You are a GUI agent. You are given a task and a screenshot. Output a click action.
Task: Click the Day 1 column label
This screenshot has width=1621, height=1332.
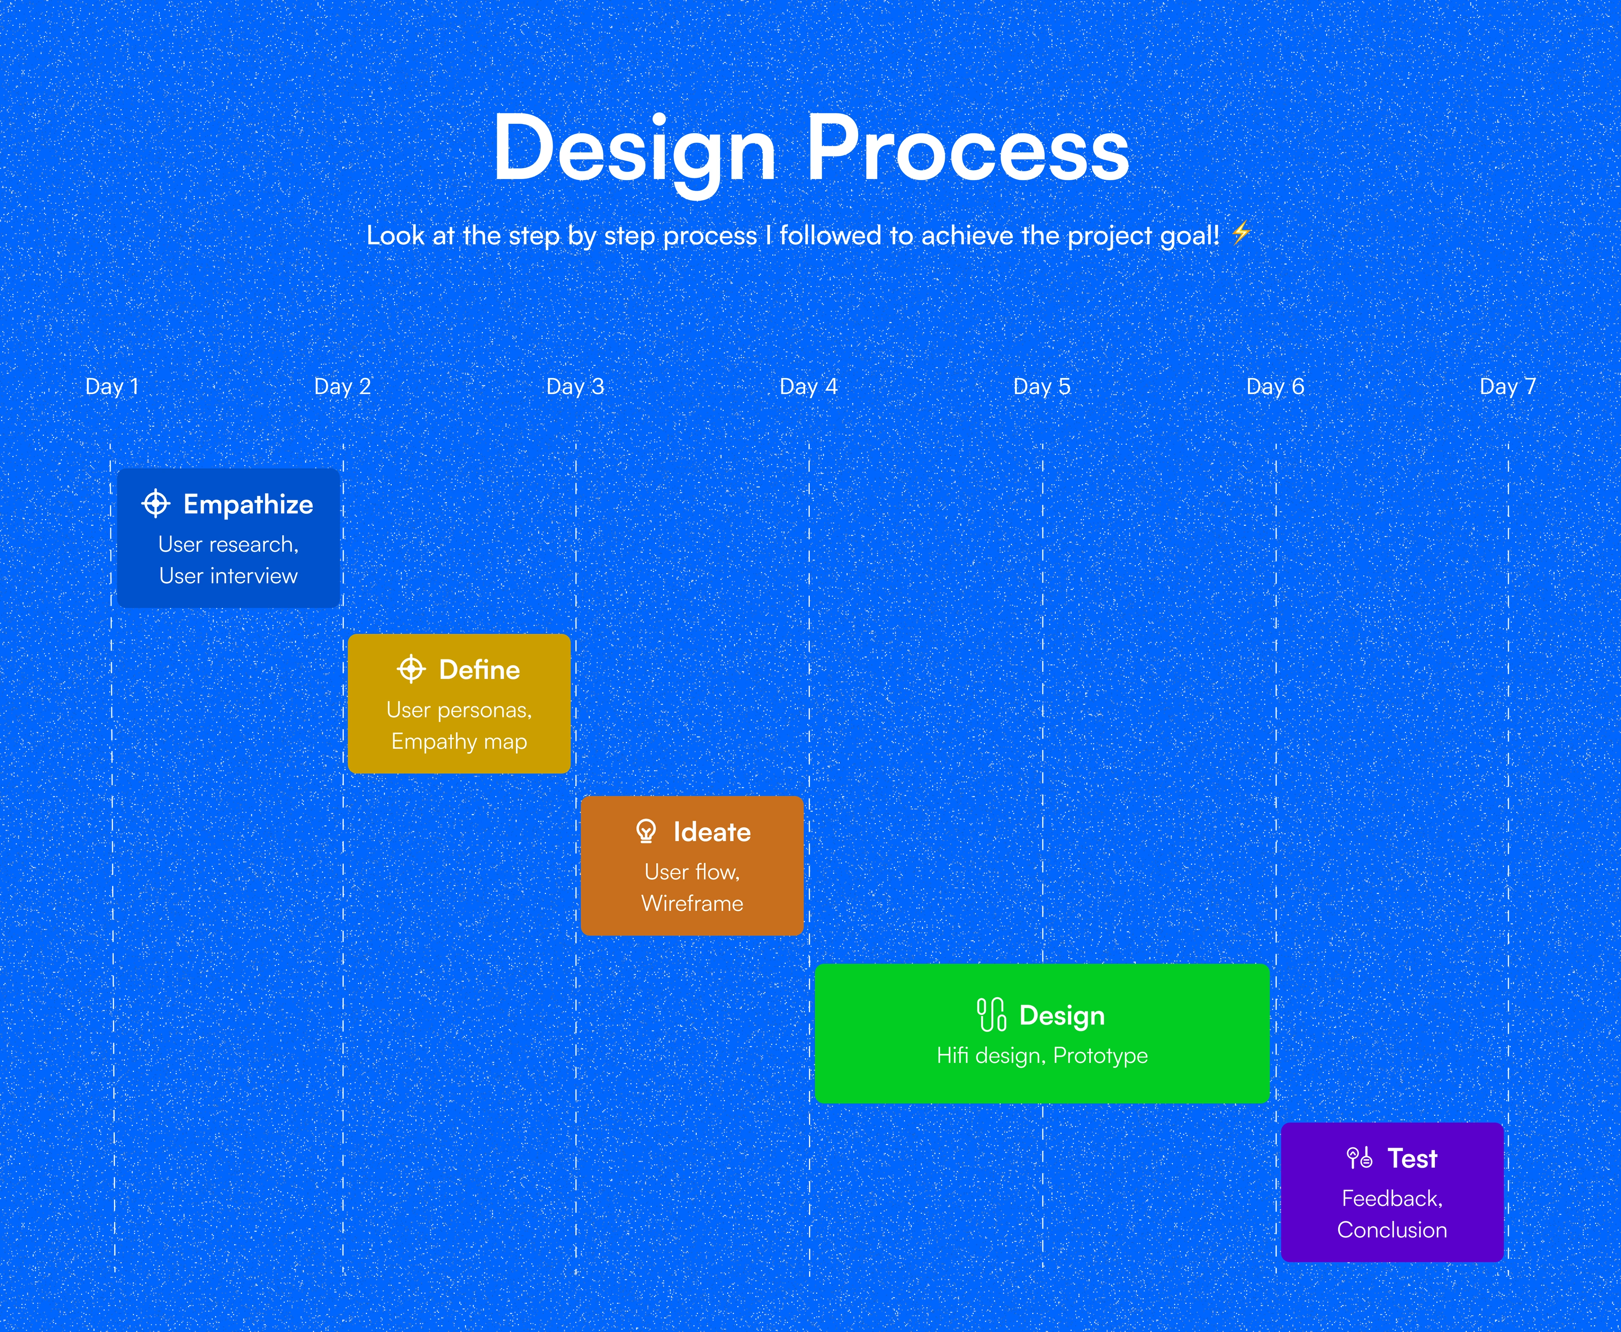click(x=112, y=386)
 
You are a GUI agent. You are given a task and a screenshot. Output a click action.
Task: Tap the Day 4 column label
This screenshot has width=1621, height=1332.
click(x=808, y=386)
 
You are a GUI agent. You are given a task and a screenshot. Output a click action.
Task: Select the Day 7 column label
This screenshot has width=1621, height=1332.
click(x=1507, y=386)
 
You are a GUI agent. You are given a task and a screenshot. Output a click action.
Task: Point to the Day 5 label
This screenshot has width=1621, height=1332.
click(x=1042, y=386)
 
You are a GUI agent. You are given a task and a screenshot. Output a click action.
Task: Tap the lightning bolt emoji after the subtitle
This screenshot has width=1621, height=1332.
click(x=1241, y=233)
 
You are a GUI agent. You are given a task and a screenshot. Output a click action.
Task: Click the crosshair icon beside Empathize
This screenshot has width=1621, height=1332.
click(x=156, y=504)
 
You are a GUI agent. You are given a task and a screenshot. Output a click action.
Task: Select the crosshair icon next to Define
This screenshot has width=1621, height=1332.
click(x=411, y=669)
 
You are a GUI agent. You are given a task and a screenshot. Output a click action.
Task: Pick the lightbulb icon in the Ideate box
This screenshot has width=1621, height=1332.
click(x=646, y=831)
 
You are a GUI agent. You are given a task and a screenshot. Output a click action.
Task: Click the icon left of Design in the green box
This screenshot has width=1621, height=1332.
click(x=991, y=1015)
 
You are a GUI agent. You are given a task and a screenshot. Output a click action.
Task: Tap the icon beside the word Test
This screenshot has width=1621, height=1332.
click(x=1359, y=1157)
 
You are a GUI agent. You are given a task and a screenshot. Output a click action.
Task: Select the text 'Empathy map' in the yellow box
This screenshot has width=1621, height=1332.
click(x=459, y=742)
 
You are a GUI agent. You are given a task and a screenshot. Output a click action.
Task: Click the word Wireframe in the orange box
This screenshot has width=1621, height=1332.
click(x=692, y=903)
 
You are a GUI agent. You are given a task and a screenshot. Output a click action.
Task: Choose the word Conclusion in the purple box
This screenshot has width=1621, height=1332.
click(x=1392, y=1230)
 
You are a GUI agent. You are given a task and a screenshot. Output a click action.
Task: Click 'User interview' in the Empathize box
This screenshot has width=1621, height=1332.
click(x=228, y=575)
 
